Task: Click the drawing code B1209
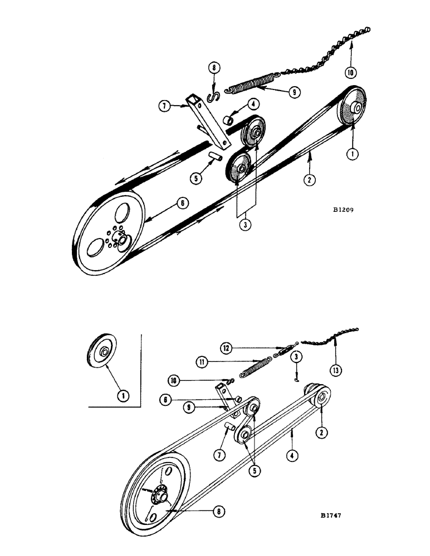tap(343, 211)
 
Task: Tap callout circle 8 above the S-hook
tap(212, 70)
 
